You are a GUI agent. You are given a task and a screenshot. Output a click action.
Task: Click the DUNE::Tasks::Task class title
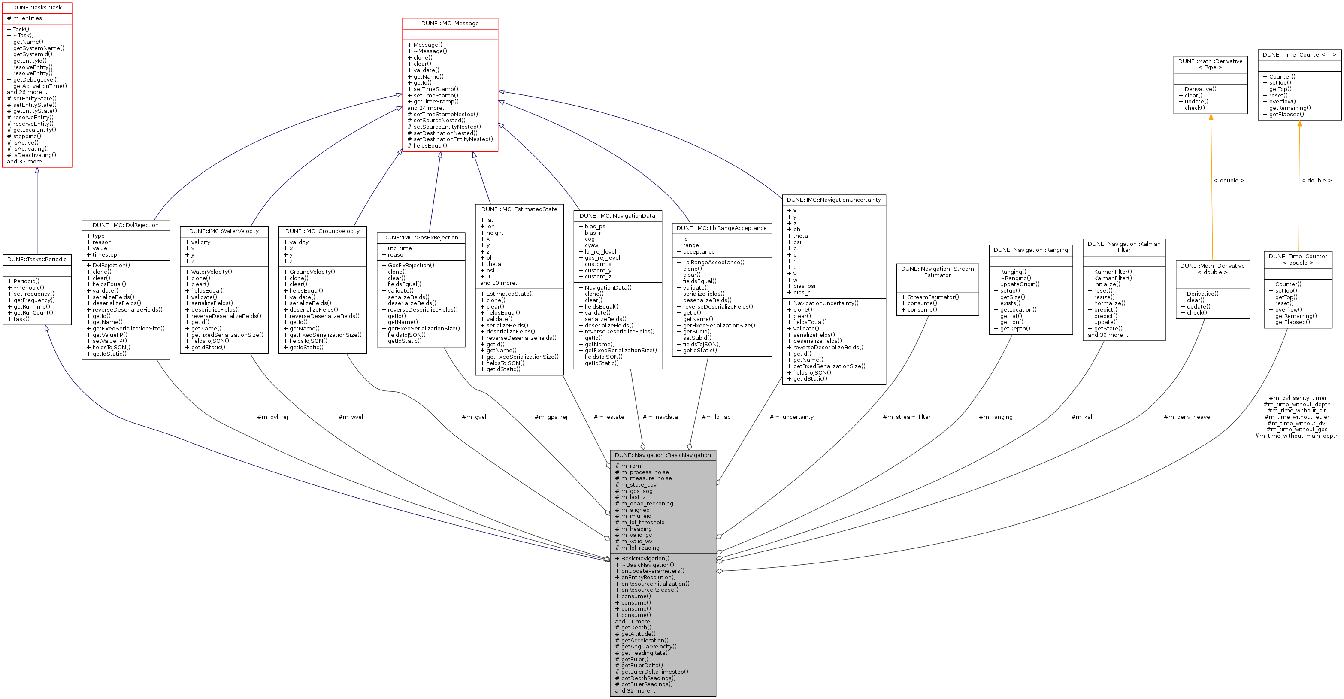pyautogui.click(x=36, y=8)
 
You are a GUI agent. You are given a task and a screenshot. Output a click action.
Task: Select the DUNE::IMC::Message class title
pyautogui.click(x=450, y=24)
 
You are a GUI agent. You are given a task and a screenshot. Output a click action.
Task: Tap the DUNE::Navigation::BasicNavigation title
pyautogui.click(x=663, y=455)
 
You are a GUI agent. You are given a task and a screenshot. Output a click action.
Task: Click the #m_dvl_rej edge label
pyautogui.click(x=272, y=417)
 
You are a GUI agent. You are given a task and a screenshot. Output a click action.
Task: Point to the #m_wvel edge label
pyautogui.click(x=351, y=417)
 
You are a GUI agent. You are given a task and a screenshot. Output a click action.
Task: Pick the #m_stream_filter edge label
pyautogui.click(x=906, y=417)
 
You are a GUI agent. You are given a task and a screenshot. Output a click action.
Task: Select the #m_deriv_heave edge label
pyautogui.click(x=1187, y=417)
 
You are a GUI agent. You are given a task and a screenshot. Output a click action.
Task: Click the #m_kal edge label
pyautogui.click(x=1081, y=417)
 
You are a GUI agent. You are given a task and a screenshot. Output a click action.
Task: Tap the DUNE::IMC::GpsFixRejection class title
pyautogui.click(x=421, y=238)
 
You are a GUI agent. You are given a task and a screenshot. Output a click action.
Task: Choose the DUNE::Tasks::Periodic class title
pyautogui.click(x=36, y=260)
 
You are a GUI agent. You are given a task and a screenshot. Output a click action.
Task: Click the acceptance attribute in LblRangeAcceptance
pyautogui.click(x=699, y=252)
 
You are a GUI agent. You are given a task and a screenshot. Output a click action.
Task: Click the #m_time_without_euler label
pyautogui.click(x=1296, y=417)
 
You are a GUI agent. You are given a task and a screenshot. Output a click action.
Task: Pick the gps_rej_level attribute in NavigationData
pyautogui.click(x=602, y=258)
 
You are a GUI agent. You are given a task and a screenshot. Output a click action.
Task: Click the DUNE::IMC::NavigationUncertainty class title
pyautogui.click(x=834, y=200)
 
